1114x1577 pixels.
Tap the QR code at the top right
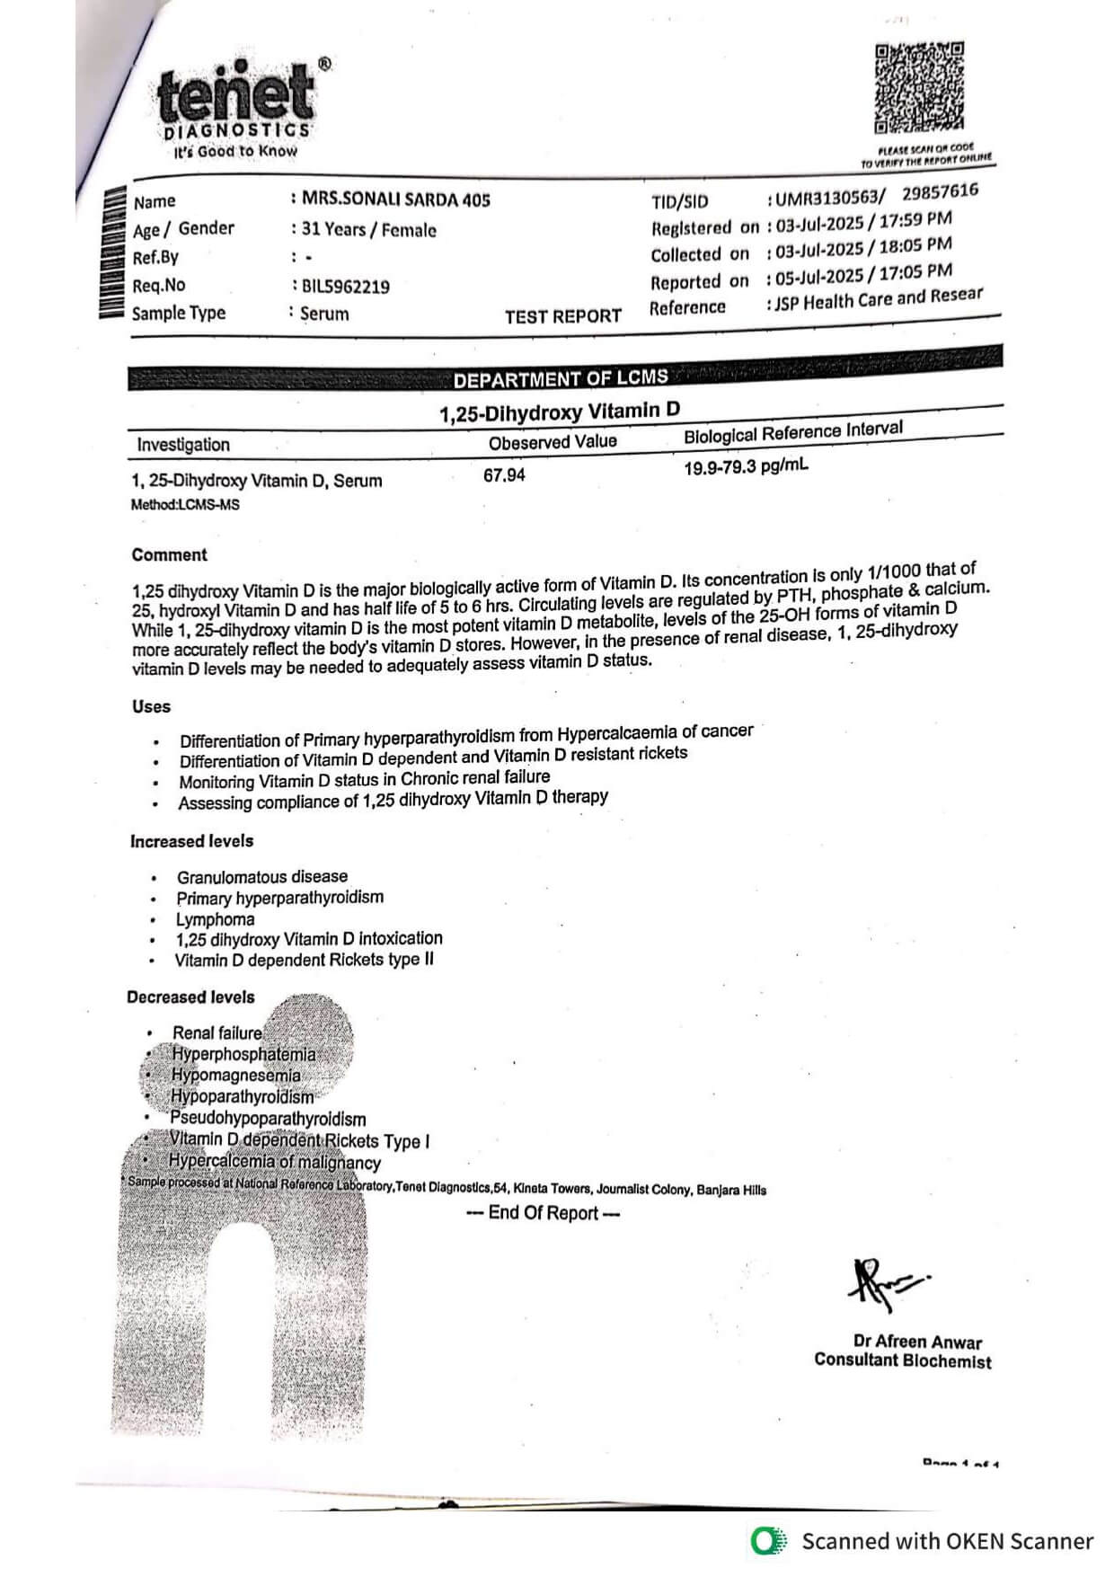coord(919,88)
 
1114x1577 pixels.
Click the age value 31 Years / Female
coord(369,229)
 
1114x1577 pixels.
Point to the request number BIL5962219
coord(346,287)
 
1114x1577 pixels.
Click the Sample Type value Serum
coord(324,314)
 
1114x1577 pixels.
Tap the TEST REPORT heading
coord(562,316)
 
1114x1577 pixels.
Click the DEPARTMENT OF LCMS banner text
coord(561,379)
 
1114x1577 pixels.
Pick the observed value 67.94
coord(504,475)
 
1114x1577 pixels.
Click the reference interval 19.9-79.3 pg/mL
coord(746,467)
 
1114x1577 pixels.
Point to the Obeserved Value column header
coord(553,442)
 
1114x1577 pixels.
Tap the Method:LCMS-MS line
coord(186,505)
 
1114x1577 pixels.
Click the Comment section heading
coord(169,555)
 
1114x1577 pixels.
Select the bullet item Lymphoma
coord(215,919)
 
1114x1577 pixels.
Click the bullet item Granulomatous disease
coord(261,877)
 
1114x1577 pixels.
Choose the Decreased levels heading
coord(190,997)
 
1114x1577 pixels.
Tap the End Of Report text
coord(544,1213)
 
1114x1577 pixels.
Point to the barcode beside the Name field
coord(111,252)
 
